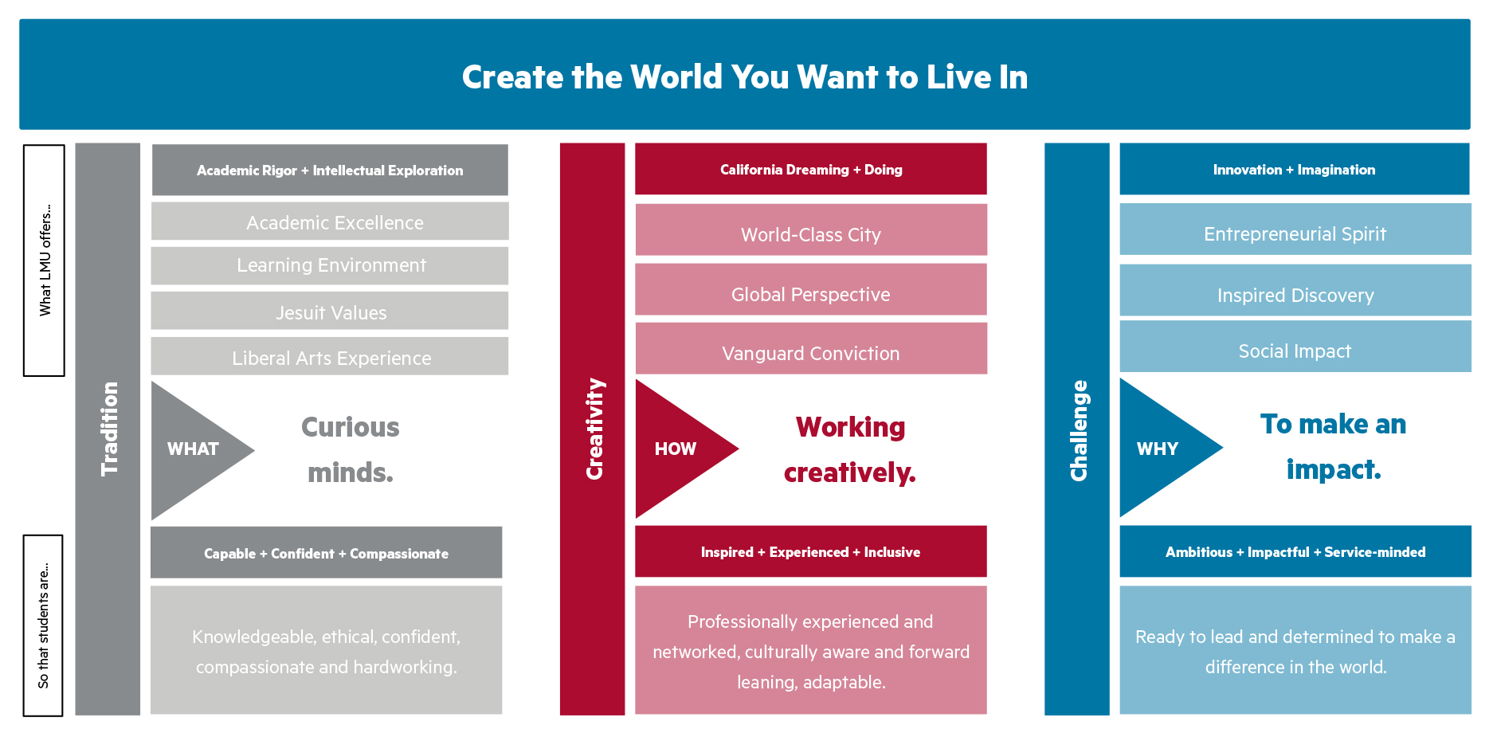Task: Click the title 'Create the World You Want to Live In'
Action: (745, 77)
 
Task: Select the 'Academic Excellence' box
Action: (330, 221)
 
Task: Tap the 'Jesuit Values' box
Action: (330, 311)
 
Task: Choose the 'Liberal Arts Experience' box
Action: (330, 356)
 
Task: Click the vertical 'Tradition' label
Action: (109, 429)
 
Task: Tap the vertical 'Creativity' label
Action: (594, 429)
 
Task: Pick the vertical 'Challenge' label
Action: (1079, 430)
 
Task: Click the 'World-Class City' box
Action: (811, 229)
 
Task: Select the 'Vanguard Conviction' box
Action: (811, 348)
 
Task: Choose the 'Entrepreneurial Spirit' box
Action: (1295, 229)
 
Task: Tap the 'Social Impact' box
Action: (1295, 346)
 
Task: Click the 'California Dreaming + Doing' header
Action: (811, 169)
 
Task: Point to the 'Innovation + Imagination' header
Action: (1295, 169)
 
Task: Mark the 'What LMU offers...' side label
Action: (45, 261)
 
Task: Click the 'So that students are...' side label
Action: (43, 625)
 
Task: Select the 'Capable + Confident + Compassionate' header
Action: (327, 552)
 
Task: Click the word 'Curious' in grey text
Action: (351, 427)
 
